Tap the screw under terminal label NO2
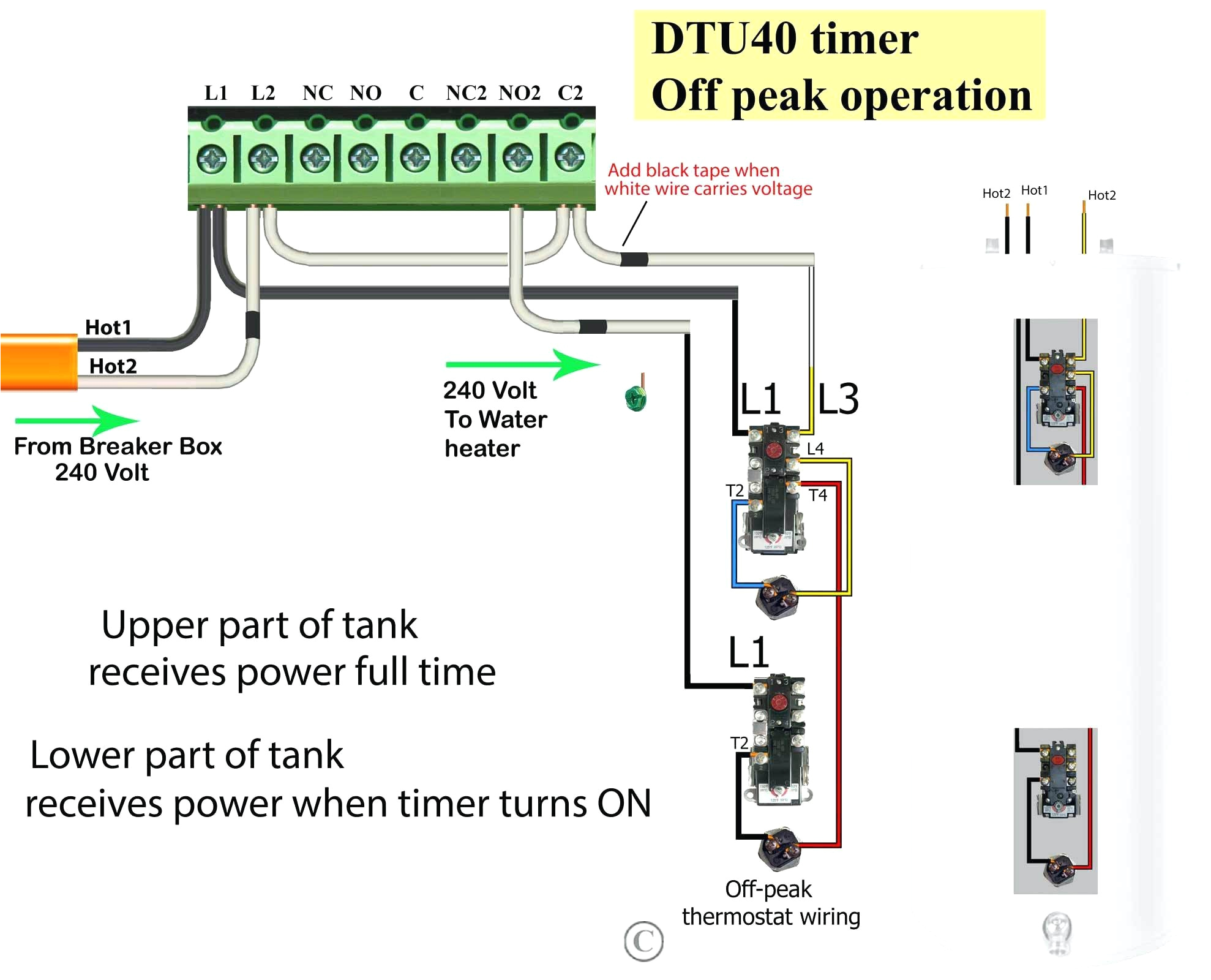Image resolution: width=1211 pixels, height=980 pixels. pos(518,159)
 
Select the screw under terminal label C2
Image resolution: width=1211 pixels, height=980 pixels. pos(569,157)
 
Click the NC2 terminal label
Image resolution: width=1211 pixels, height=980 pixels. pos(466,93)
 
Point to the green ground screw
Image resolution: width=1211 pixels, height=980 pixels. pos(635,398)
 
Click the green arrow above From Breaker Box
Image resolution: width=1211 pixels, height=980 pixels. pos(77,420)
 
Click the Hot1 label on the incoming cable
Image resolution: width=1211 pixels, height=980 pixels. pos(108,328)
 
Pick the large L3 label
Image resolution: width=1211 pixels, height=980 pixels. pos(838,399)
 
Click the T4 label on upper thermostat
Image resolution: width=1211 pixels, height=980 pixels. pos(818,495)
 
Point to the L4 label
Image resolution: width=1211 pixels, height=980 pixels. pos(815,449)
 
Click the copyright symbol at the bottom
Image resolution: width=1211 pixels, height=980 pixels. pos(643,941)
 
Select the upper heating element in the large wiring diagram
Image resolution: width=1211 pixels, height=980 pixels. pos(777,596)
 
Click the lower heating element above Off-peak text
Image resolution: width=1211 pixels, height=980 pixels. pos(779,848)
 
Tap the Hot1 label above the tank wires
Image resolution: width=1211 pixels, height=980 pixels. pos(1034,190)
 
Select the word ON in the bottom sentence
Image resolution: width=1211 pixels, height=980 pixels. pos(624,804)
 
